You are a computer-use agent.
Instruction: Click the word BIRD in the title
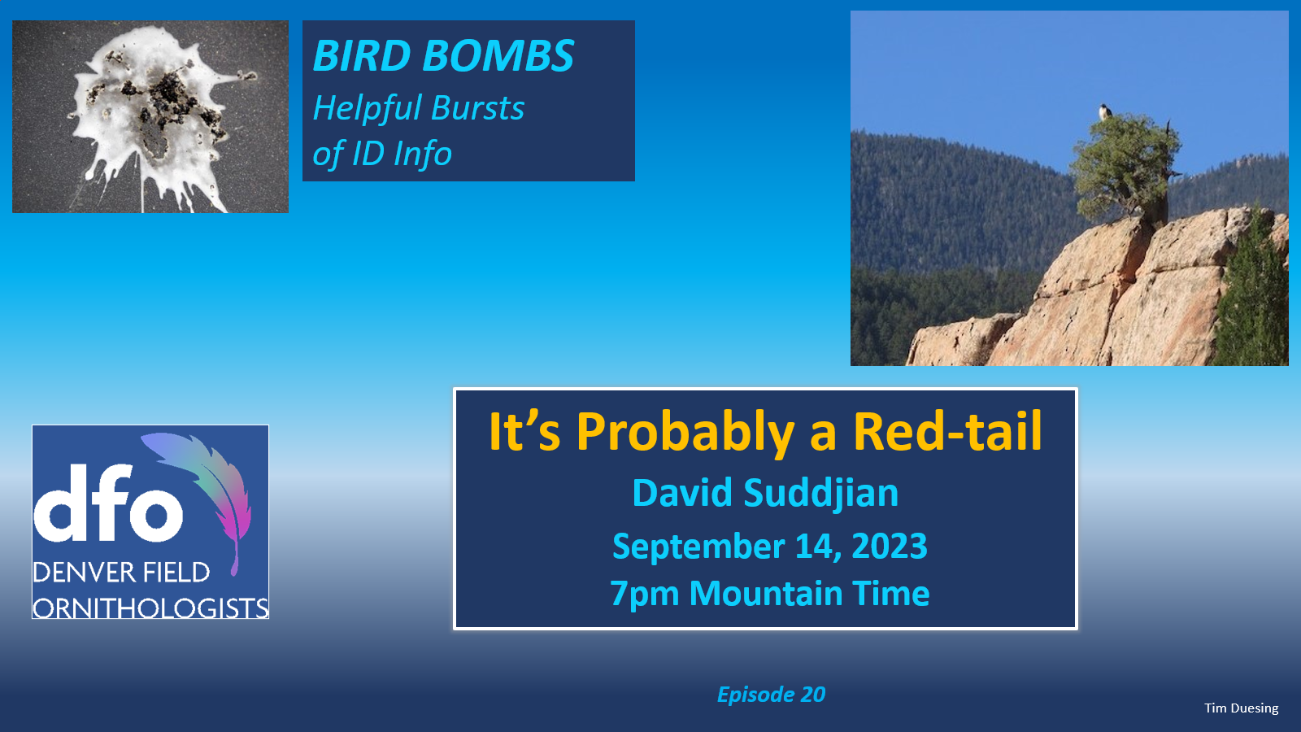tap(362, 56)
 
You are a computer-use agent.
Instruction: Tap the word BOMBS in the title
tap(498, 56)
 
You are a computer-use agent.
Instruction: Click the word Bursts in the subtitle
tap(478, 108)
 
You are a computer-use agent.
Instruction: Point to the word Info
tap(423, 154)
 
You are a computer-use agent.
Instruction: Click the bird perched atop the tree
tap(1105, 111)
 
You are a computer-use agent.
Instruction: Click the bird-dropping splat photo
tap(150, 117)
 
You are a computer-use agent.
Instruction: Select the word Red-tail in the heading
tap(947, 432)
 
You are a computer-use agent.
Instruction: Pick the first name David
tap(682, 493)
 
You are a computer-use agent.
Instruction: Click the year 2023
tap(890, 546)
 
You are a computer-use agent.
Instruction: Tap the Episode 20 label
tap(772, 695)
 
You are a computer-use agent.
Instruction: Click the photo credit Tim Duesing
tap(1241, 708)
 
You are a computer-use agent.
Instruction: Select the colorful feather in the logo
tap(203, 494)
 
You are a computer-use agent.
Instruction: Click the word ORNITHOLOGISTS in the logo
tap(150, 608)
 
